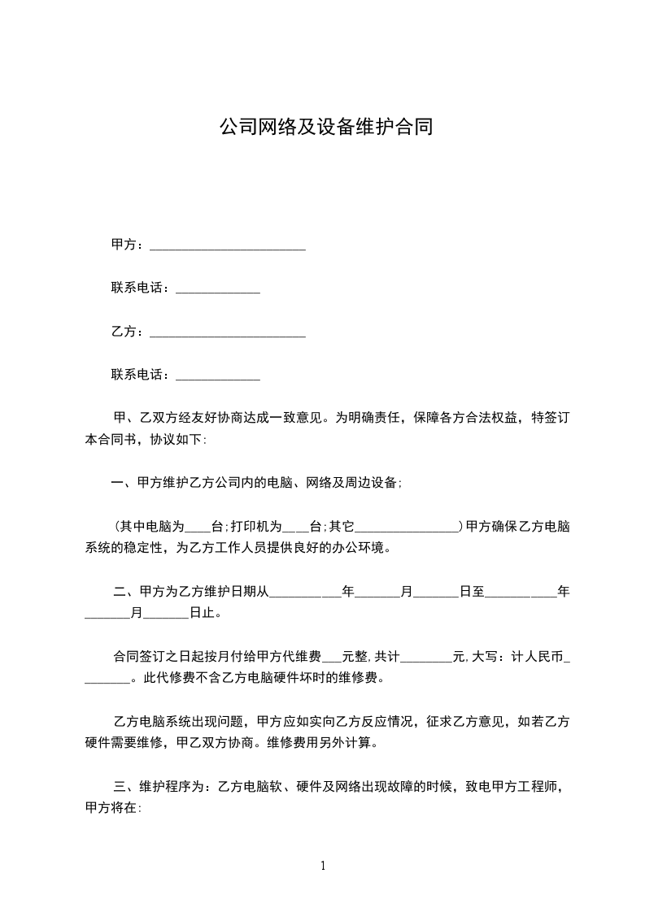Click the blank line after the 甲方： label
[228, 244]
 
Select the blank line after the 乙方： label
[228, 332]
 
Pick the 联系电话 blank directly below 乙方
[218, 376]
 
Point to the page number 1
[323, 865]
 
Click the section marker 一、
[124, 483]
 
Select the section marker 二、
[124, 593]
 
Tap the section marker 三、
[124, 787]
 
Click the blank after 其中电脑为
[198, 527]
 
